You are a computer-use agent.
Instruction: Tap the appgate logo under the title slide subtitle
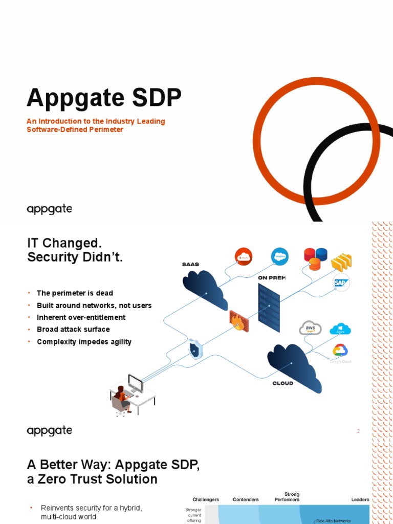click(49, 209)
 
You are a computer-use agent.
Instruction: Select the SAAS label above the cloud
click(190, 265)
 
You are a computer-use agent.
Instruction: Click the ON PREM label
click(272, 277)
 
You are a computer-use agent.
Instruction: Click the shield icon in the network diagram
click(194, 350)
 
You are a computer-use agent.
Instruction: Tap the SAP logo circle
click(341, 282)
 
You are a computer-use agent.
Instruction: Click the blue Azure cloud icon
click(340, 330)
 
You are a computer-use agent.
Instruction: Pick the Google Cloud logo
click(340, 351)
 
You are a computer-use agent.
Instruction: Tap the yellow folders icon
click(341, 262)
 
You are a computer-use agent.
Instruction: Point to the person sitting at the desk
click(121, 398)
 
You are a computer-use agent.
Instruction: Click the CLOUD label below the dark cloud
click(283, 383)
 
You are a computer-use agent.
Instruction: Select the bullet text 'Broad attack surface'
click(73, 329)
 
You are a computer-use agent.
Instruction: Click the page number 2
click(358, 431)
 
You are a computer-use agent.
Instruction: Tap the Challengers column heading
click(206, 499)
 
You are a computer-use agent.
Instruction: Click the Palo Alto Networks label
click(333, 521)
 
